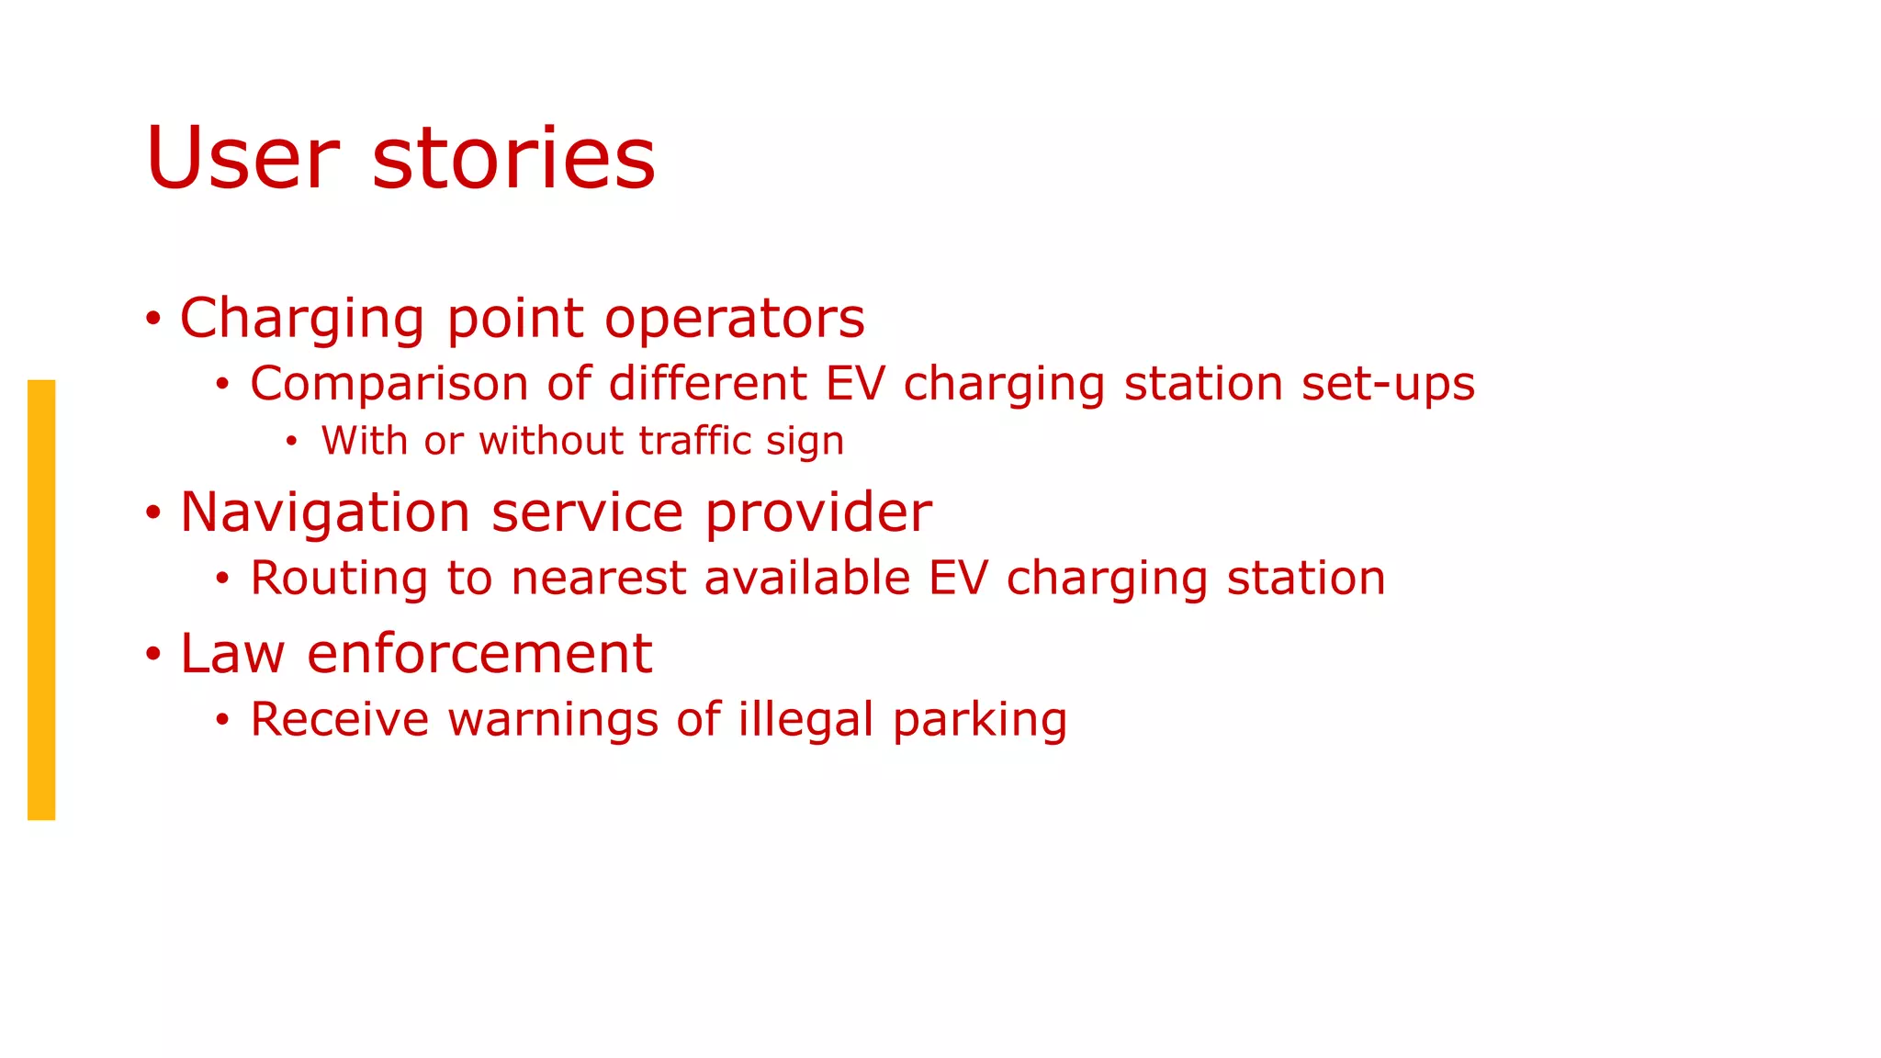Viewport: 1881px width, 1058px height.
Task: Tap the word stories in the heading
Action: point(513,159)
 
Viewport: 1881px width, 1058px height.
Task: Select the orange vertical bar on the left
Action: point(41,599)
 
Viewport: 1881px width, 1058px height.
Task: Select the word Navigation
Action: point(325,512)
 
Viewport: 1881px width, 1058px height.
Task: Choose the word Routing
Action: point(339,580)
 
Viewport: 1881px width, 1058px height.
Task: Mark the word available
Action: point(807,579)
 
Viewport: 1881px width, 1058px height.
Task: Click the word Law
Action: point(232,654)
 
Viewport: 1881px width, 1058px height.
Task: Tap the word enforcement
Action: point(479,654)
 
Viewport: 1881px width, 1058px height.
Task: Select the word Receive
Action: point(339,719)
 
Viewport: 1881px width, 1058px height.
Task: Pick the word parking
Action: point(980,721)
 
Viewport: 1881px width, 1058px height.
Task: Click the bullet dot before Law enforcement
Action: point(153,655)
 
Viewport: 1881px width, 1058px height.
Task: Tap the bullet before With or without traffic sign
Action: point(291,443)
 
